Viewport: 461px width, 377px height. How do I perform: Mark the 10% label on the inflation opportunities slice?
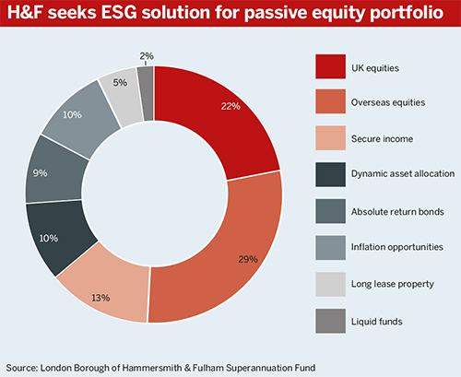[72, 115]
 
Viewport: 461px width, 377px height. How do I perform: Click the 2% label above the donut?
[147, 56]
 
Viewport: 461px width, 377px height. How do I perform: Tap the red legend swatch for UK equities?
[330, 66]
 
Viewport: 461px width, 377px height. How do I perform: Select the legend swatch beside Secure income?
[330, 138]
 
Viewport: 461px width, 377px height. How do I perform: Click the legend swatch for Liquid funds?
[330, 321]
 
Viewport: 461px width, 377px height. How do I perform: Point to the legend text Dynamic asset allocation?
[403, 174]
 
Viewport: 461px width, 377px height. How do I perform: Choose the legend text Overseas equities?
[388, 102]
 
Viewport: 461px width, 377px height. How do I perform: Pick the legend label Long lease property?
[393, 284]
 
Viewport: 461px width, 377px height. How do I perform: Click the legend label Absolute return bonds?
[397, 212]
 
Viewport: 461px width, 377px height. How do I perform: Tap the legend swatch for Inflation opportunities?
[330, 248]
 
